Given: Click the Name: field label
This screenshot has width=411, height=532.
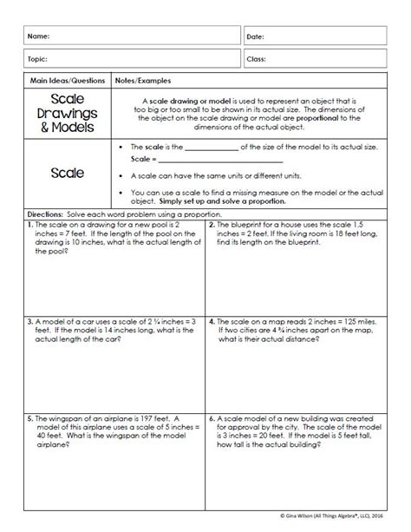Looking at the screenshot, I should click(38, 37).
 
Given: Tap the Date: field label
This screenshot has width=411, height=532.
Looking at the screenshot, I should click(258, 37).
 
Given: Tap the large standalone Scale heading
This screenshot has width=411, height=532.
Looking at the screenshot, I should click(68, 173).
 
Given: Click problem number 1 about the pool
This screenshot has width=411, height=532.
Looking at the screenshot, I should click(32, 224).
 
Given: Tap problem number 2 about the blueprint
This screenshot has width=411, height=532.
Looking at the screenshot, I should click(212, 224).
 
